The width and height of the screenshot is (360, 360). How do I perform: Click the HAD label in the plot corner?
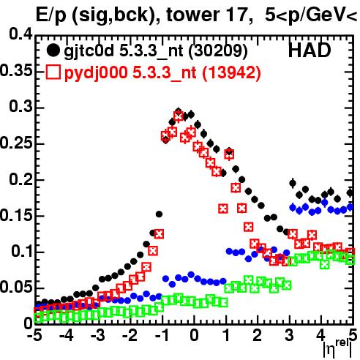pyautogui.click(x=310, y=50)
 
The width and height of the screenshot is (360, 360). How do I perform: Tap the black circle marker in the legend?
pyautogui.click(x=53, y=50)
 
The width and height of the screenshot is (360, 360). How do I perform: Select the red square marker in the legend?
pyautogui.click(x=53, y=72)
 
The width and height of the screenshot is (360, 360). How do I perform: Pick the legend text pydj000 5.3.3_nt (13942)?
pyautogui.click(x=162, y=73)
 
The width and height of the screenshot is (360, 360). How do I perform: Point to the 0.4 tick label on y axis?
pyautogui.click(x=20, y=34)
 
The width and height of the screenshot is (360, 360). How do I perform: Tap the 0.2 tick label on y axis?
pyautogui.click(x=20, y=179)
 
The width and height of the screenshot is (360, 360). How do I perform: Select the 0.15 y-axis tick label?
pyautogui.click(x=16, y=215)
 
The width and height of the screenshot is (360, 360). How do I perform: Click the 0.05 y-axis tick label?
pyautogui.click(x=16, y=287)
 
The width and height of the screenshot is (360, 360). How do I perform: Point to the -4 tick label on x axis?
pyautogui.click(x=66, y=336)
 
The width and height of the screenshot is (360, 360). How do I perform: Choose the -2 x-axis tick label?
pyautogui.click(x=130, y=336)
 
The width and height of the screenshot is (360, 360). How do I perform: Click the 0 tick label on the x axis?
pyautogui.click(x=194, y=336)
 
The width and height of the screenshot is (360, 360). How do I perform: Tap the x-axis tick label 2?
pyautogui.click(x=258, y=336)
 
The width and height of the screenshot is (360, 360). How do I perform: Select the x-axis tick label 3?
pyautogui.click(x=290, y=336)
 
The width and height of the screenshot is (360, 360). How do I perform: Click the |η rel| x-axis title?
pyautogui.click(x=337, y=349)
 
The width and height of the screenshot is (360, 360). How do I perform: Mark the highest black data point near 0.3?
pyautogui.click(x=179, y=111)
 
